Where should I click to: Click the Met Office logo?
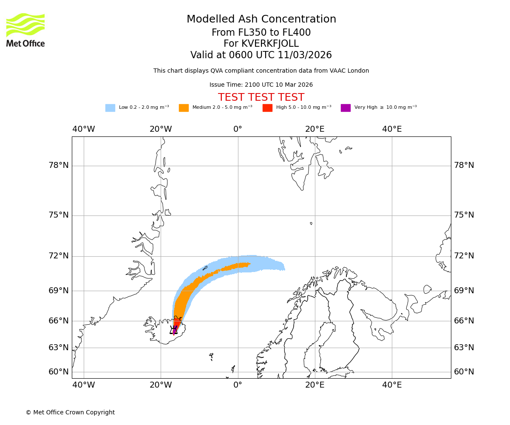(x=25, y=30)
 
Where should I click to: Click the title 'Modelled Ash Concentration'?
(x=261, y=19)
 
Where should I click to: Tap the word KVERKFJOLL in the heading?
(x=270, y=44)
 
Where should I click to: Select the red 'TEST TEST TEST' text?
(x=261, y=97)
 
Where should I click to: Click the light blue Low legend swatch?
(x=110, y=108)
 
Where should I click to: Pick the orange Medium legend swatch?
(x=184, y=108)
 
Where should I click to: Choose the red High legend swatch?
(x=267, y=108)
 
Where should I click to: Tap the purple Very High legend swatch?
(x=346, y=108)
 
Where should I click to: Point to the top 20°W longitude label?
(x=161, y=129)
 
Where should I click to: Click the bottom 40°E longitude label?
(x=392, y=385)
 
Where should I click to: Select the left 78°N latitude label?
(x=59, y=165)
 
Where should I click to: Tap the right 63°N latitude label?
(x=464, y=348)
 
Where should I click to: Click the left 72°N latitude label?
(x=59, y=256)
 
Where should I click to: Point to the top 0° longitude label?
(x=238, y=129)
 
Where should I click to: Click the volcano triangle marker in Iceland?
(x=173, y=330)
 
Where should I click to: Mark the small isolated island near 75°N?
(x=311, y=223)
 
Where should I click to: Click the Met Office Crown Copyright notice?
(x=70, y=412)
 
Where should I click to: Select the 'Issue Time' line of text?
(x=261, y=85)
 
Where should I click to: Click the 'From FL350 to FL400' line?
(x=261, y=33)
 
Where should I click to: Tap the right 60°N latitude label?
(x=464, y=372)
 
